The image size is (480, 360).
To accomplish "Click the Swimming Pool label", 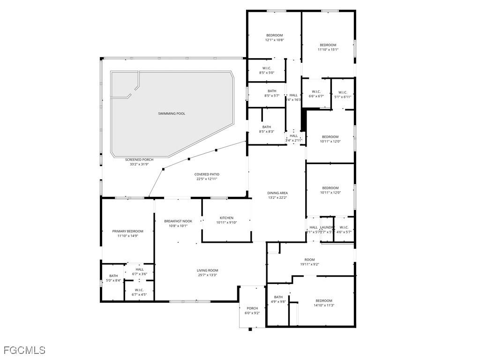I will tap(172, 113).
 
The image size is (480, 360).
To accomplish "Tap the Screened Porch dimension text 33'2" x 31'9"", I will tap(139, 165).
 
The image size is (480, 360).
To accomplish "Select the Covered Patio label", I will tap(207, 174).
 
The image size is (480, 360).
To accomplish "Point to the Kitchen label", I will tap(226, 218).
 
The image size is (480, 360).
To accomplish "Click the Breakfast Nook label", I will tap(178, 221).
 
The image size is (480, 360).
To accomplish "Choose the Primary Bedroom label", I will tap(127, 231).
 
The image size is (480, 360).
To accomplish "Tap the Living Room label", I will tap(207, 270).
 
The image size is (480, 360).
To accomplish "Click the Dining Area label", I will tap(277, 193).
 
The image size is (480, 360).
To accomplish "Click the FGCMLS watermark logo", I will tap(24, 350).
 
